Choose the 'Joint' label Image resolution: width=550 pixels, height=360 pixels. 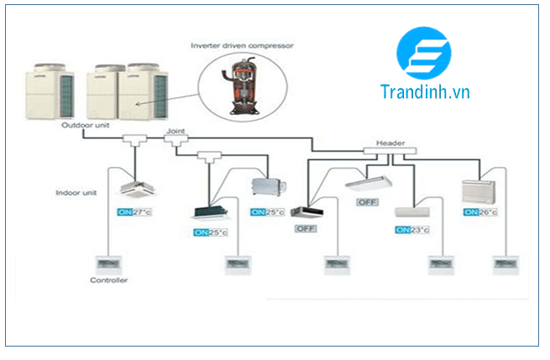click(175, 132)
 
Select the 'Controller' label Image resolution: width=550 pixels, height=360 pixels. click(108, 279)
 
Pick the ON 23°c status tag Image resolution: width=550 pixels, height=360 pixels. click(412, 229)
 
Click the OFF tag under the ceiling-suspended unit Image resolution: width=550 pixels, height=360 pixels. click(367, 203)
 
